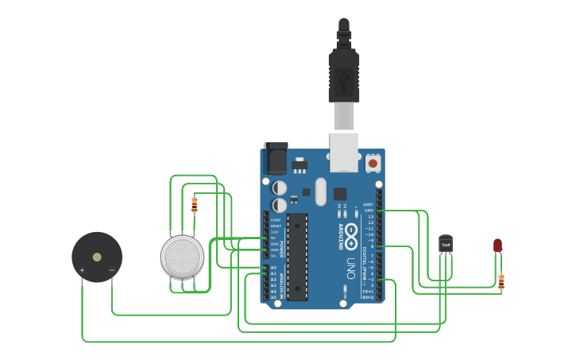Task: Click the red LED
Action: coord(498,245)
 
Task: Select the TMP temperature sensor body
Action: coord(446,244)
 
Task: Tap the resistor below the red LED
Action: coord(501,280)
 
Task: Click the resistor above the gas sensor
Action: coord(195,205)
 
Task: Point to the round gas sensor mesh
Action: coord(182,257)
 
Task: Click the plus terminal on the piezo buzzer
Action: coord(82,271)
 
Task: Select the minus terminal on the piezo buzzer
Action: coord(111,271)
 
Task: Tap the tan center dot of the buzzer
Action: coord(97,257)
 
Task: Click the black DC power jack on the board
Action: coord(275,158)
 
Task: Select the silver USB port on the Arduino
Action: coord(344,152)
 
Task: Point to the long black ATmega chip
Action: coord(297,257)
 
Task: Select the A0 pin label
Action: coord(273,268)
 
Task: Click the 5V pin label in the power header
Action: coord(274,238)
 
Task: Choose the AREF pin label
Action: coord(368,204)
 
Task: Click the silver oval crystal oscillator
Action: coord(320,191)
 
